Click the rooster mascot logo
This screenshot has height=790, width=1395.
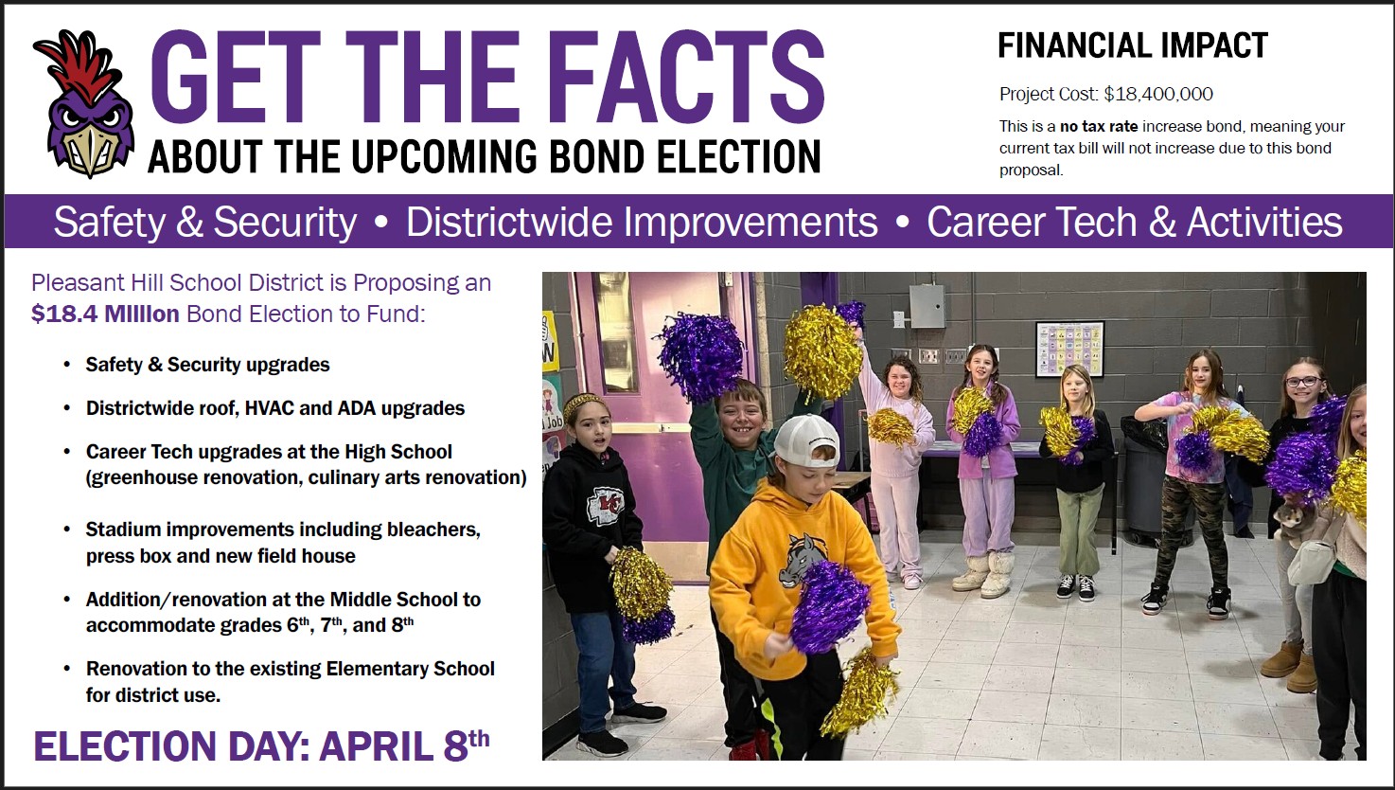(84, 103)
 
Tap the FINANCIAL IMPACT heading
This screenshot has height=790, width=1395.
(1133, 45)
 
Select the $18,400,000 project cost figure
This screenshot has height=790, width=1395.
(1158, 94)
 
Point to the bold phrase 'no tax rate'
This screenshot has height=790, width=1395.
(1099, 127)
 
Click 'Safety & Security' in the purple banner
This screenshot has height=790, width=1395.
(205, 223)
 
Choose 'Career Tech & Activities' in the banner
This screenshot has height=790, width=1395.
(1135, 222)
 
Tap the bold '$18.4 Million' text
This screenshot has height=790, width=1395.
(105, 314)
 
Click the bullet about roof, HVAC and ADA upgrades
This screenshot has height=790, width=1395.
(275, 408)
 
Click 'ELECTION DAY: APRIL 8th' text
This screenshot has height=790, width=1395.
(261, 745)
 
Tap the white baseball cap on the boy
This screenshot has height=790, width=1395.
(807, 440)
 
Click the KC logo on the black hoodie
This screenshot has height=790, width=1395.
(605, 505)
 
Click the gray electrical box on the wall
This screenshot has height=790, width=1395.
(927, 306)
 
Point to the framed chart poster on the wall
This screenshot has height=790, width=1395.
(1070, 350)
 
